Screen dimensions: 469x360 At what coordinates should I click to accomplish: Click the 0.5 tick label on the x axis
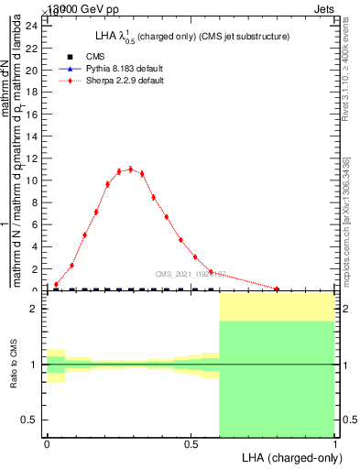(191, 444)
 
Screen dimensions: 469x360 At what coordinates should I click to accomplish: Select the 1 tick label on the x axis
(334, 444)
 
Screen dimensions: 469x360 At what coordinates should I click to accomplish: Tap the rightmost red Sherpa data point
(277, 289)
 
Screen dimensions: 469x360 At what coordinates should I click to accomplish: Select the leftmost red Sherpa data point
(56, 284)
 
